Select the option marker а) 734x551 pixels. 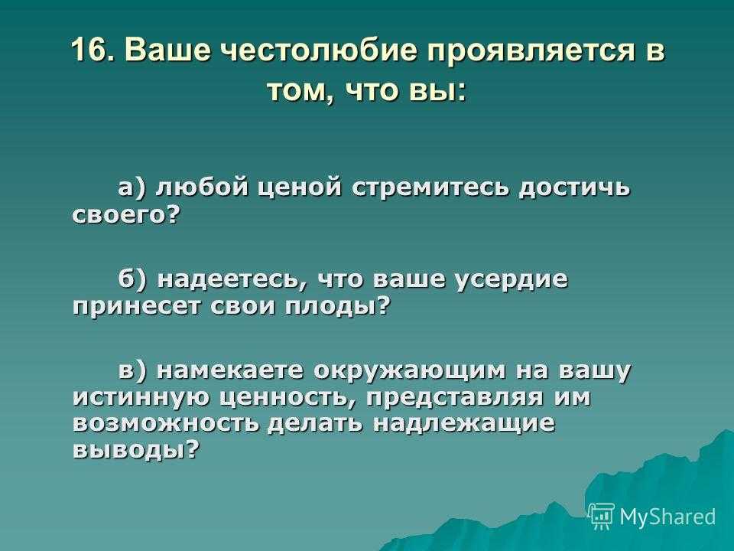point(132,188)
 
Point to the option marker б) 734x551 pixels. point(132,279)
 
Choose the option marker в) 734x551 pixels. point(132,370)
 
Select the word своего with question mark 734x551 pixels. point(126,215)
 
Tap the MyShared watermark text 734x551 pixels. point(668,517)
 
